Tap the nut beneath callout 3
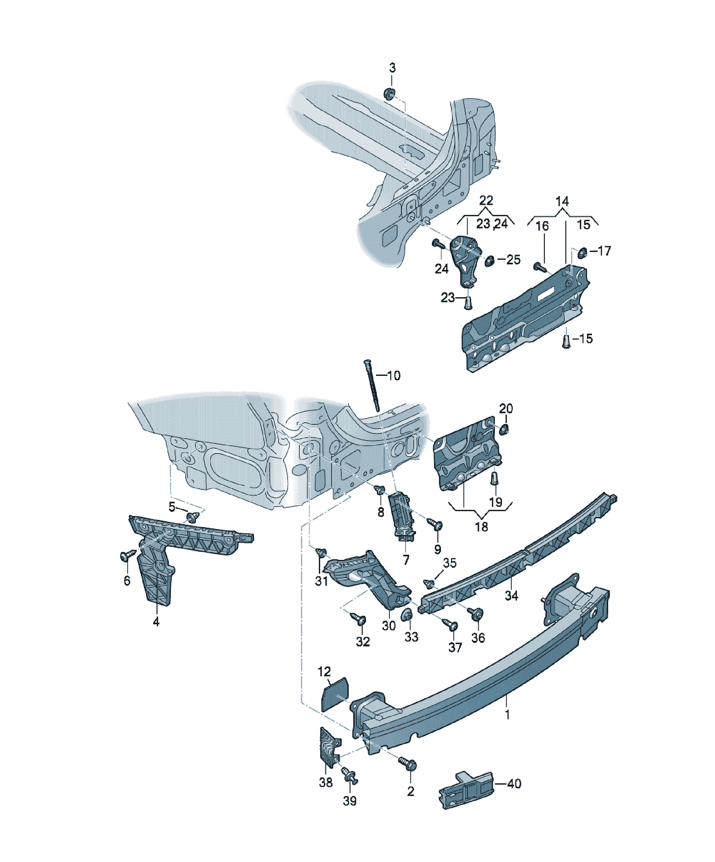click(x=389, y=94)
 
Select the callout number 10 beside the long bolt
click(x=394, y=375)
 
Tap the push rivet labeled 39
click(x=350, y=775)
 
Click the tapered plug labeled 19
click(x=495, y=478)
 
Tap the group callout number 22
click(x=486, y=200)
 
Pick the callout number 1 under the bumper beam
click(x=507, y=715)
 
